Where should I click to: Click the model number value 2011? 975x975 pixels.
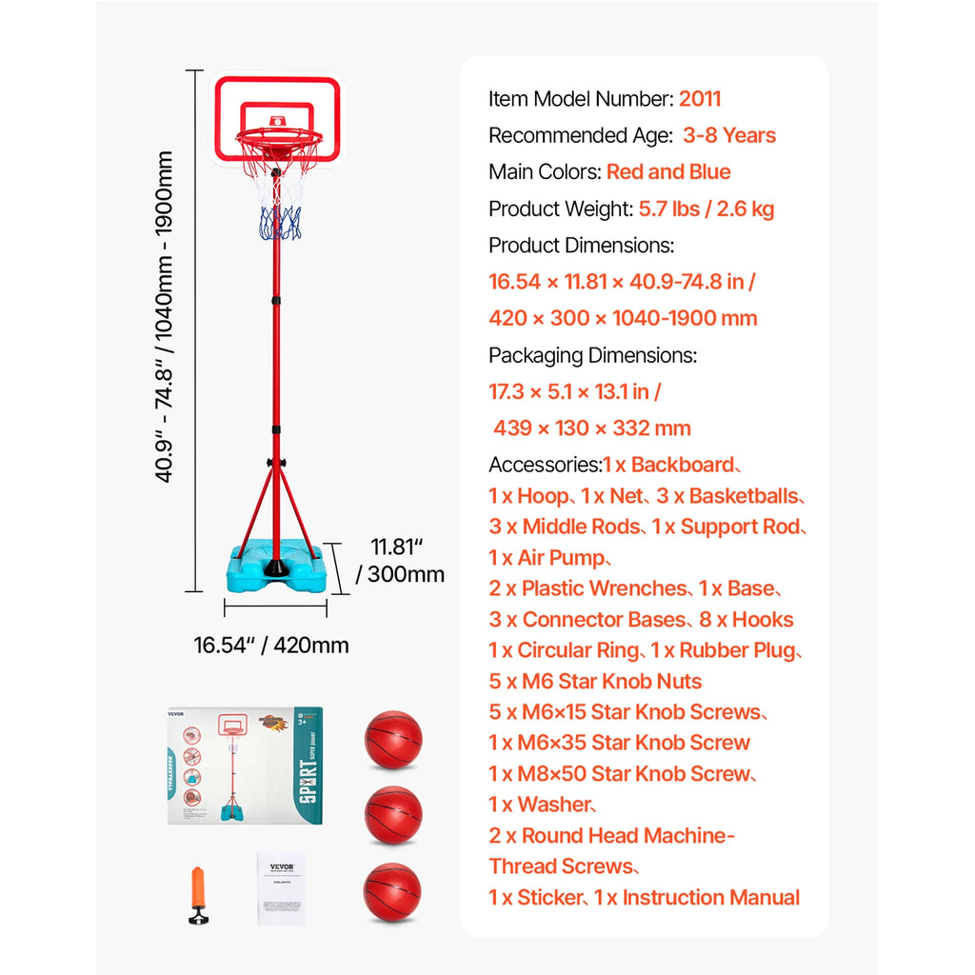coord(700,99)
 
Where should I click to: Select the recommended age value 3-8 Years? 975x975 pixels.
coord(729,135)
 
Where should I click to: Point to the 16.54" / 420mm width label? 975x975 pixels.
coord(271,646)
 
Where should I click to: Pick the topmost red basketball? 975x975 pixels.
coord(392,740)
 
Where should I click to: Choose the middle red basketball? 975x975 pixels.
coord(392,815)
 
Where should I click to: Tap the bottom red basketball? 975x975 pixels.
coord(392,891)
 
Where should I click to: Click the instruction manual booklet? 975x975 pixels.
coord(282,887)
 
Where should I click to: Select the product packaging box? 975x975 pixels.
coord(246,765)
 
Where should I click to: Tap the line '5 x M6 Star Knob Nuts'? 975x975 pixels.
coord(595,682)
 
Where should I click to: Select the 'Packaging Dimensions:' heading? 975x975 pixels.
coord(592,355)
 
